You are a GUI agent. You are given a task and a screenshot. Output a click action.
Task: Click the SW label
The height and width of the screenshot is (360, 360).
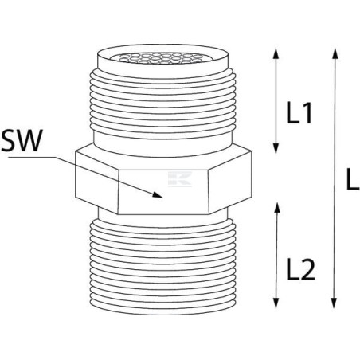(x=22, y=140)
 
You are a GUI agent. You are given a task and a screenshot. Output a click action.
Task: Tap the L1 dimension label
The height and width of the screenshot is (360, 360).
(x=299, y=113)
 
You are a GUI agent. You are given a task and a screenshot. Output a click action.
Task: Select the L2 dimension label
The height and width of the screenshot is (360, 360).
(x=301, y=269)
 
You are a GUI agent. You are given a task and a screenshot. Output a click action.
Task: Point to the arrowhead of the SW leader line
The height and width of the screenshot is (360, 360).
(x=157, y=195)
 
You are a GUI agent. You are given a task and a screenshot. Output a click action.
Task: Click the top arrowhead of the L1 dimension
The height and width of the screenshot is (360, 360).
(x=276, y=53)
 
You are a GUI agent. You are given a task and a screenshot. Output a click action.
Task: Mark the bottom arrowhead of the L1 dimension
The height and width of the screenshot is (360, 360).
(x=276, y=148)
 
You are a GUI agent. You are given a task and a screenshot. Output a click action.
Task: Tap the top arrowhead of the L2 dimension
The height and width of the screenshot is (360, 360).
(x=277, y=207)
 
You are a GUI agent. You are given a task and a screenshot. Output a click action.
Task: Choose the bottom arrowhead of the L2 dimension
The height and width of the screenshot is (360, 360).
(x=276, y=303)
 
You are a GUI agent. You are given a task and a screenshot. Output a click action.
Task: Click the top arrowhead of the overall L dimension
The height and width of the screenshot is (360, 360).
(x=335, y=53)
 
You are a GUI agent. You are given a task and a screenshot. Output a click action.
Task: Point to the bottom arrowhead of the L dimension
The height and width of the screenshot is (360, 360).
(x=334, y=303)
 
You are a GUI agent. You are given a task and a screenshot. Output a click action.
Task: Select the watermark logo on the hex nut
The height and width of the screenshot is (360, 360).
(x=180, y=179)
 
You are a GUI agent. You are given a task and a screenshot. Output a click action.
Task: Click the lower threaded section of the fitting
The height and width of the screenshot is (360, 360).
(x=163, y=265)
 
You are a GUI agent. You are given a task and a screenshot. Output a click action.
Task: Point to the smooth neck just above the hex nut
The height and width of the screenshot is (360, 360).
(x=163, y=143)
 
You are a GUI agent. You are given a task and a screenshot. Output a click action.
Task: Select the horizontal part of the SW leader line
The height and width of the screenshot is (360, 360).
(x=32, y=158)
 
